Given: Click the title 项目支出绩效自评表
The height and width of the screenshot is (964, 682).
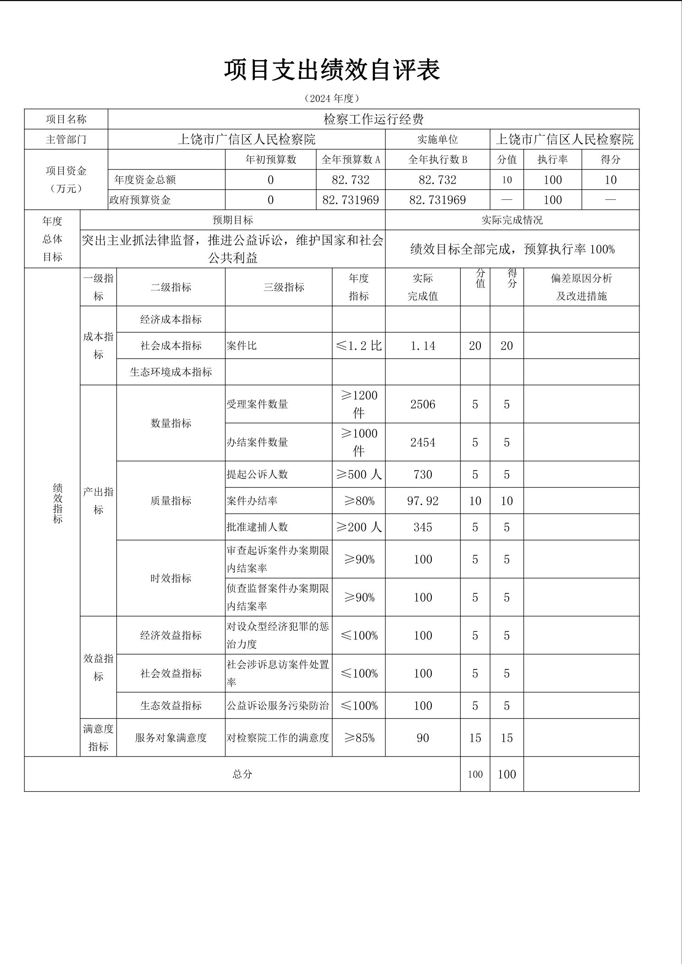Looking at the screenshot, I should click(x=332, y=70).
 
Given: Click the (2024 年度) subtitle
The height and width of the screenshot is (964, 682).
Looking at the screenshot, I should click(x=332, y=99).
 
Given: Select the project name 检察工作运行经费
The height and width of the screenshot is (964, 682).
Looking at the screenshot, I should click(x=374, y=120).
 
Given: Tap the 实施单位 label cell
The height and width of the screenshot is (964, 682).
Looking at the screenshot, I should click(x=437, y=139).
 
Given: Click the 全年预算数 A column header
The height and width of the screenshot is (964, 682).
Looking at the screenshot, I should click(x=351, y=159).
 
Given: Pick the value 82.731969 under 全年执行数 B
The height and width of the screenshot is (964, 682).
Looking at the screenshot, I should click(x=437, y=200).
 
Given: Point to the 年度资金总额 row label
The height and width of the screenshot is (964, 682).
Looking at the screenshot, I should click(x=145, y=180).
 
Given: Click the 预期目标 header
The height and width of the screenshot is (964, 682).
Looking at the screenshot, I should click(x=232, y=220).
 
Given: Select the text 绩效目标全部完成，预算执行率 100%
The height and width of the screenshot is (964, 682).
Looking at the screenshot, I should click(x=512, y=249).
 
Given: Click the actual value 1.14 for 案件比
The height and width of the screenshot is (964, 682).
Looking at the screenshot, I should click(x=423, y=346).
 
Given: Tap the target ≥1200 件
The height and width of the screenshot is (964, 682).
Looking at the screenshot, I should click(x=359, y=404).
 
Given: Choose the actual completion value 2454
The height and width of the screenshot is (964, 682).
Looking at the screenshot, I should click(x=423, y=443).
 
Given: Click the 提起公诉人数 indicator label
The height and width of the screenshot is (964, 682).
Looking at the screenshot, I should click(x=257, y=475).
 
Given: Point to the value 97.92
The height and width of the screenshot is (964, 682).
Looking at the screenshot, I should click(x=423, y=501).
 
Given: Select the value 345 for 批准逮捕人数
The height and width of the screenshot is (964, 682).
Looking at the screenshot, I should click(x=423, y=527).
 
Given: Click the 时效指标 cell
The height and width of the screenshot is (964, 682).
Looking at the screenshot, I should click(x=170, y=578).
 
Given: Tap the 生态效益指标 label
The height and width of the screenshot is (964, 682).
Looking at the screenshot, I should click(x=170, y=706).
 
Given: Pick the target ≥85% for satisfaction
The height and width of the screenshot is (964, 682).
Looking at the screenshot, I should click(x=359, y=738).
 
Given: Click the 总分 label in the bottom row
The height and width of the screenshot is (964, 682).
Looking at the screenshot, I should click(x=242, y=774).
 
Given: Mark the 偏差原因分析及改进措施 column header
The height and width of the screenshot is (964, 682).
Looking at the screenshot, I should click(x=581, y=287).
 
